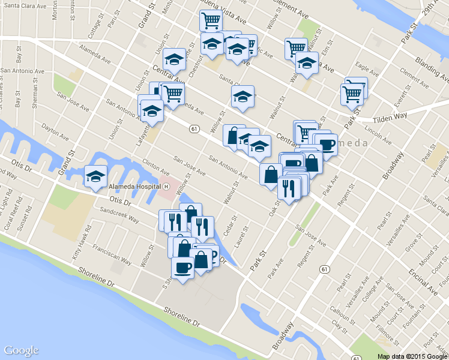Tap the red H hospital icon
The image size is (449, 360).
tap(166, 186)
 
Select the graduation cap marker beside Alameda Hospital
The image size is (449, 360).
tap(95, 176)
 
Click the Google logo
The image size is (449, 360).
tap(21, 350)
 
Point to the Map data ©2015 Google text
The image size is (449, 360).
tap(412, 356)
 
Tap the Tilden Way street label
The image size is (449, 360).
tap(390, 116)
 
